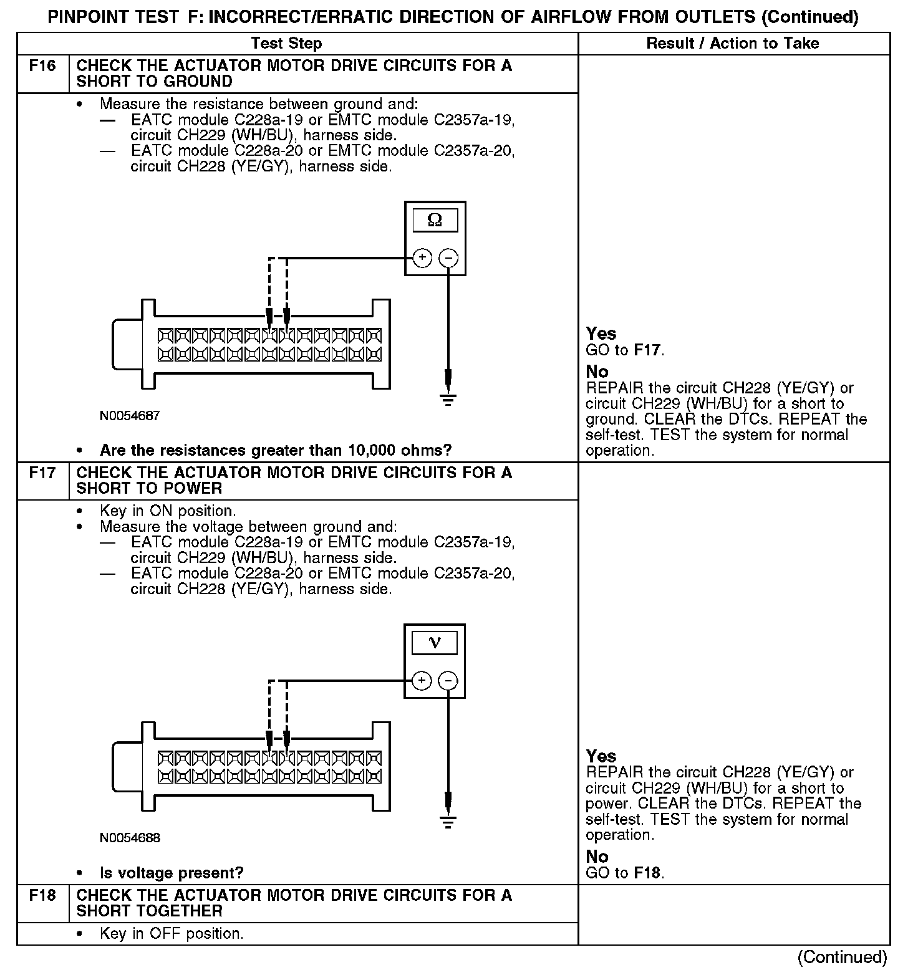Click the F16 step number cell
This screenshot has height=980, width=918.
click(42, 66)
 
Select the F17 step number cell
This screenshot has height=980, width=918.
click(42, 473)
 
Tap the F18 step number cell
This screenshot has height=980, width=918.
click(42, 896)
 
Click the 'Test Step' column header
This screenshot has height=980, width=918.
click(286, 44)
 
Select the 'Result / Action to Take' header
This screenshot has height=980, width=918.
click(733, 44)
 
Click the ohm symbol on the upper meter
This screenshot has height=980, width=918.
click(435, 220)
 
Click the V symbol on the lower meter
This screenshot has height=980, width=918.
click(435, 643)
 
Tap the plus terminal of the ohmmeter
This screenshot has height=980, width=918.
click(422, 257)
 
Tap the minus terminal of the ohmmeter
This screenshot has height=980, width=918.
click(448, 257)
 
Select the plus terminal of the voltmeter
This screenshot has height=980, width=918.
click(422, 680)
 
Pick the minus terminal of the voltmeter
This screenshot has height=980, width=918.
click(448, 680)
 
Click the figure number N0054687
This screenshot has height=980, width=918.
click(130, 416)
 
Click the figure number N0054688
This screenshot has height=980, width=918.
click(130, 838)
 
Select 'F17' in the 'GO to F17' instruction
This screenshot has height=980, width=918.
click(647, 350)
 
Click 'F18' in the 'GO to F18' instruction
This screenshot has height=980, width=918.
click(647, 873)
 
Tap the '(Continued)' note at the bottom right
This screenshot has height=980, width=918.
click(842, 958)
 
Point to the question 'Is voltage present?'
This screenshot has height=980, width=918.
click(172, 873)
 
